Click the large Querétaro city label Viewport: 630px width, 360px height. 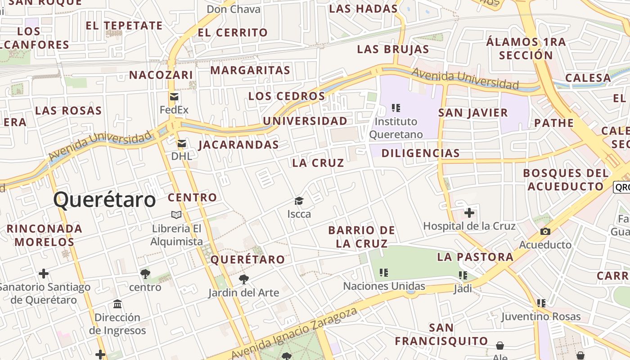coord(104,200)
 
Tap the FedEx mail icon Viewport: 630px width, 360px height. coord(174,97)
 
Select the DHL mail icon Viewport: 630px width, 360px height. coord(181,144)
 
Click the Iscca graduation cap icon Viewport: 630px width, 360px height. coord(299,201)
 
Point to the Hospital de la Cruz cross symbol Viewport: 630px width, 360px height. coord(469,212)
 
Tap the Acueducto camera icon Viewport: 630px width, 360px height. coord(545,232)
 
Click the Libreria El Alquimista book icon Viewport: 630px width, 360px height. coord(176,215)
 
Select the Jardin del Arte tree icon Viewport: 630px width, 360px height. coord(243,279)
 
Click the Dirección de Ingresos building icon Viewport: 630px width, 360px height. coord(117,304)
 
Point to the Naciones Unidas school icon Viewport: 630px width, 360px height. coord(383,272)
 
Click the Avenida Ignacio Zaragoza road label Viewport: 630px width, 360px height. coord(295,333)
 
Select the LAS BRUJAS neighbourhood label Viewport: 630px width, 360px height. coord(393,49)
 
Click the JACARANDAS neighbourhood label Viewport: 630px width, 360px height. coord(238,145)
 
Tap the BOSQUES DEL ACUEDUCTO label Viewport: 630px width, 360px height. coord(566,180)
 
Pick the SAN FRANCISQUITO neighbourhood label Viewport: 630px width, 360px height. coord(441,334)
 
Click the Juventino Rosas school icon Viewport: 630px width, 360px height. coord(541,303)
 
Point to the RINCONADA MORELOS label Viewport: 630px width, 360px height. coord(45,235)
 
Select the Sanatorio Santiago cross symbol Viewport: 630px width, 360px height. coord(44,274)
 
